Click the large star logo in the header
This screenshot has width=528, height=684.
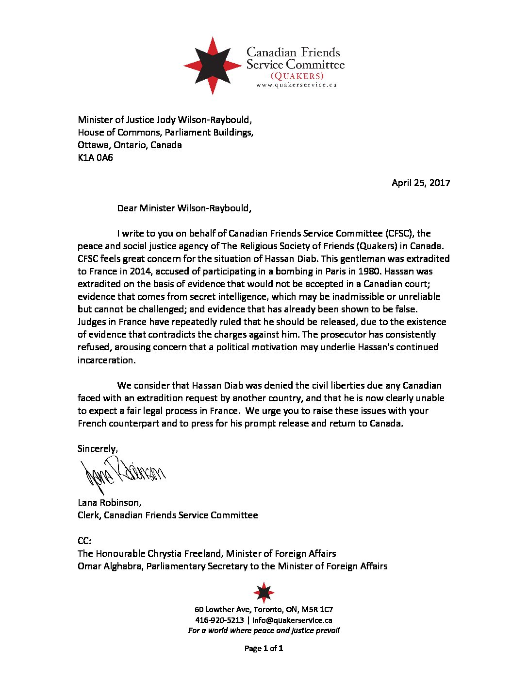[213, 65]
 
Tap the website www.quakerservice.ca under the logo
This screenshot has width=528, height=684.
[296, 85]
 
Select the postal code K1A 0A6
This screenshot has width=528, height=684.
[95, 157]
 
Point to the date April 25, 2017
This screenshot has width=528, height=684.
[421, 183]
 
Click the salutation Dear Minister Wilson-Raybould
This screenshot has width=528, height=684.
[184, 208]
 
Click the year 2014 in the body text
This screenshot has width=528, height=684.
[141, 271]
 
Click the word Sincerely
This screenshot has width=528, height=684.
[98, 448]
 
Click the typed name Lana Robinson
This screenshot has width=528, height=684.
[109, 502]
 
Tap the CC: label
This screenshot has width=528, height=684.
[84, 541]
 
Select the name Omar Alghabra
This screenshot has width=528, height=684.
[110, 566]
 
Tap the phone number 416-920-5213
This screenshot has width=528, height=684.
[219, 620]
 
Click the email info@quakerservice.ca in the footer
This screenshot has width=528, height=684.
[292, 620]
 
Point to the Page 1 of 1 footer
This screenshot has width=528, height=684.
[264, 648]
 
